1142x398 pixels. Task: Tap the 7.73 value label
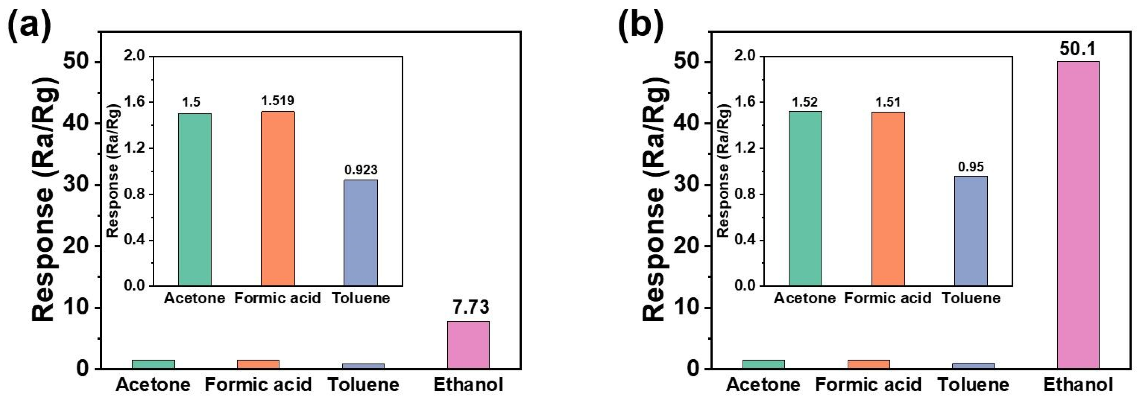pos(471,307)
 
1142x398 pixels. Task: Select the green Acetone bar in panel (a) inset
pos(195,199)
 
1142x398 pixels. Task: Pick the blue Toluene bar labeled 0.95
pos(971,231)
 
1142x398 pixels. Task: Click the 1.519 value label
pos(277,101)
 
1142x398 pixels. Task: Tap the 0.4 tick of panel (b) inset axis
pos(745,240)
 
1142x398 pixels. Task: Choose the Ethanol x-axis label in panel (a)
pos(468,384)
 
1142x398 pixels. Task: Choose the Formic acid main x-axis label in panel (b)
pos(868,384)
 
